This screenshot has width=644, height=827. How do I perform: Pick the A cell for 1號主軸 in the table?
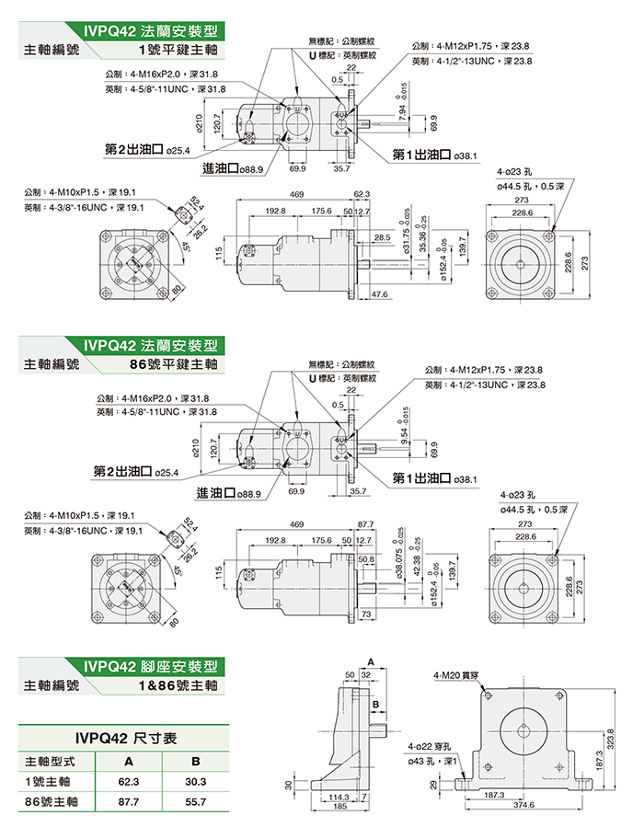pyautogui.click(x=128, y=781)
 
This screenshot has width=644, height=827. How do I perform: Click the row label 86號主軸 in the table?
pyautogui.click(x=51, y=801)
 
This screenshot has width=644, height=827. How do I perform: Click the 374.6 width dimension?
pyautogui.click(x=523, y=804)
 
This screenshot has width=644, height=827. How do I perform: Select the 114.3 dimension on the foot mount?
pyautogui.click(x=339, y=797)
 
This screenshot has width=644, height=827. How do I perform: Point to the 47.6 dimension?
pyautogui.click(x=378, y=294)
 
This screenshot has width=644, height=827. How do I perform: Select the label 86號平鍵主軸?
pyautogui.click(x=175, y=364)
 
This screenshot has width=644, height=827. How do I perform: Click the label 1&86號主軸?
pyautogui.click(x=178, y=685)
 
